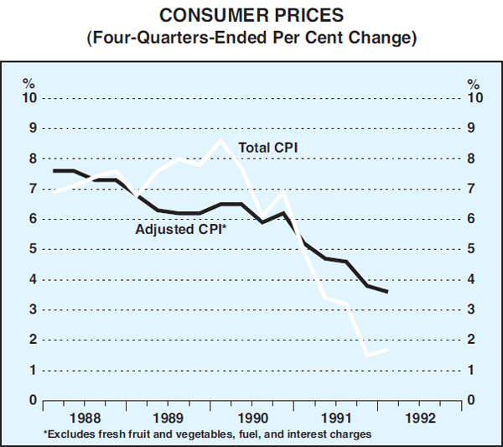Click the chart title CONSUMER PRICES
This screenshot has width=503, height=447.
[x=251, y=15]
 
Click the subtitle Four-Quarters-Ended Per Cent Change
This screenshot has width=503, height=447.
[x=251, y=38]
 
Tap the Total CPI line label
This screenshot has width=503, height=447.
[x=269, y=148]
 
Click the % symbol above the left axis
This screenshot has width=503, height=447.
[x=29, y=84]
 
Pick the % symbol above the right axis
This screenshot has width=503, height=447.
[x=474, y=84]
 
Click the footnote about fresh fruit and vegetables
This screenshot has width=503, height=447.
[x=205, y=434]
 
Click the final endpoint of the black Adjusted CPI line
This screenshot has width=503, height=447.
[x=386, y=291]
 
